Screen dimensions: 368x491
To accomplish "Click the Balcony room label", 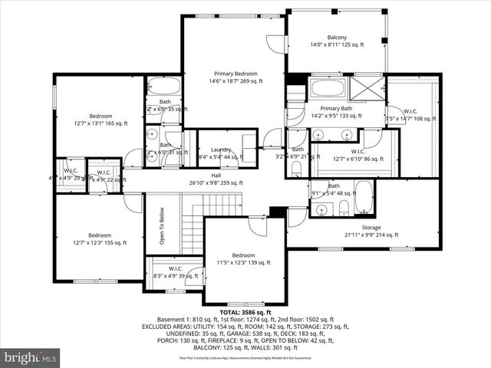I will tap(337, 38).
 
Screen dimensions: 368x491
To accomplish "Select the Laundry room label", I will tap(221, 149).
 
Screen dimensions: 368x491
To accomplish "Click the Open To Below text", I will tap(162, 227).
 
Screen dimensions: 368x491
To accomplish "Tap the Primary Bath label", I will tap(335, 109).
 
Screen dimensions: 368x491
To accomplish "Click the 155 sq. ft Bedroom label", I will tap(99, 235).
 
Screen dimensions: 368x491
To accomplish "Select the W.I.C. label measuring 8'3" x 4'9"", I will tap(175, 269).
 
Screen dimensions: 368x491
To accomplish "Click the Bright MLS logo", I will tap(31, 356).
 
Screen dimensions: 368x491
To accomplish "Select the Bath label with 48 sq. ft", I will tap(334, 186).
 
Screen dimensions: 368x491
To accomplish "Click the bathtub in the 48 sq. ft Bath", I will tap(364, 198).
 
